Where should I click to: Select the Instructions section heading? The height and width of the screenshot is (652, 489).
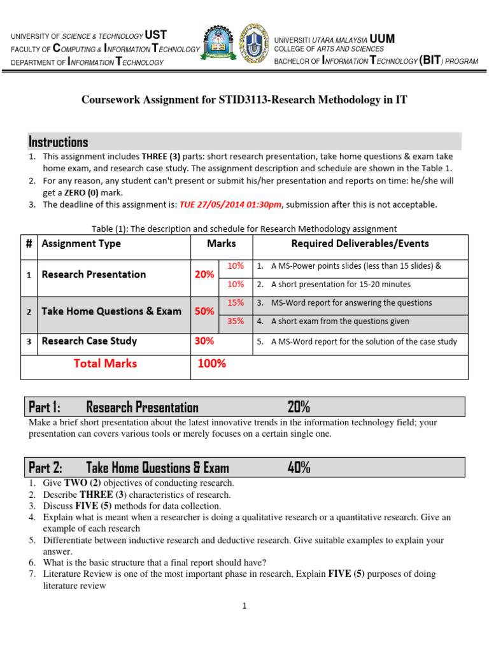pos(59,141)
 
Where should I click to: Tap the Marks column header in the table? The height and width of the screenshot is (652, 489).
pos(221,244)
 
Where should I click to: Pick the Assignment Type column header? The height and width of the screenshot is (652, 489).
pos(81,244)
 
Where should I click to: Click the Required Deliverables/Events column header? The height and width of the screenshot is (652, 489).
pos(360,244)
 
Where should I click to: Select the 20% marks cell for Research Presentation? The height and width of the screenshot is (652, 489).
pos(204,274)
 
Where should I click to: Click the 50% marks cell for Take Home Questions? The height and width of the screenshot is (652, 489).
pos(204,311)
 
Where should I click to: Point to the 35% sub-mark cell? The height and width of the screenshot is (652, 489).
pos(236,322)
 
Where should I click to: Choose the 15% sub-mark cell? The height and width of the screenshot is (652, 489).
pos(236,302)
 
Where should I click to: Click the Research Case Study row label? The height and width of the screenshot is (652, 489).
pos(89,341)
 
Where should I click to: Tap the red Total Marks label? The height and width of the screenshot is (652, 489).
pos(105,364)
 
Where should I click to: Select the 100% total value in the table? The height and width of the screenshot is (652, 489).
pos(211,364)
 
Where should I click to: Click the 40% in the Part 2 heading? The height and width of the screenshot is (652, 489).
pos(299,468)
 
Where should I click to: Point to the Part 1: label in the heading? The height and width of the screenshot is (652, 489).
pos(45,407)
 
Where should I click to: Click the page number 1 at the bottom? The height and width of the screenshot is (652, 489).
pos(244,606)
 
